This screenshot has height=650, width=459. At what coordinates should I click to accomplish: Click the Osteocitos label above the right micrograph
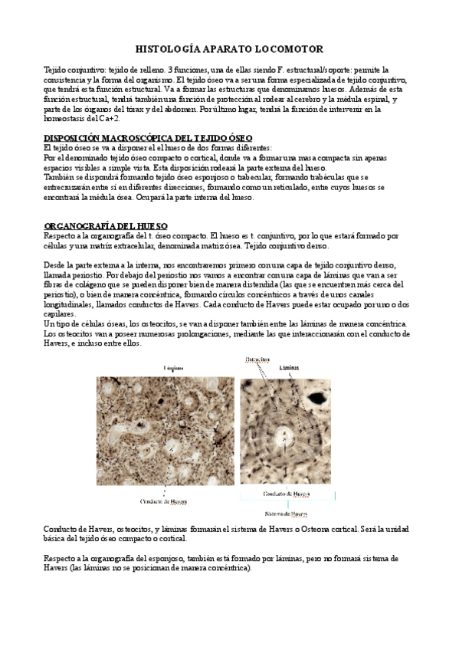pos(257,359)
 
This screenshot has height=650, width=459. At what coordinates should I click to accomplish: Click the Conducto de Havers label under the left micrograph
pos(164,501)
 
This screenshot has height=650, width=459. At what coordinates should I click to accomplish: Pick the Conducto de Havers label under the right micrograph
pos(284,494)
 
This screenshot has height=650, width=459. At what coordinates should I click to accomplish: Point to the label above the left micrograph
pos(173,368)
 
